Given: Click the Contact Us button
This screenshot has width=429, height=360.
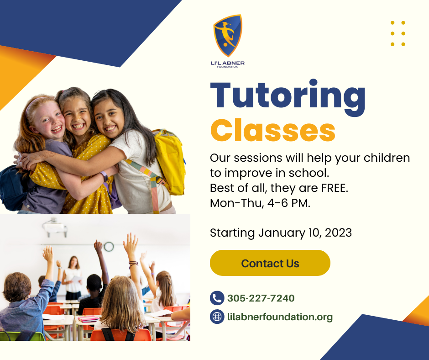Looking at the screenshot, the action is tap(270, 263).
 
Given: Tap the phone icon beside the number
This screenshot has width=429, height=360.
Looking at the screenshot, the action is tap(217, 298).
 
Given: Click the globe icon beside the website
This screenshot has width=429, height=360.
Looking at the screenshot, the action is tap(217, 317).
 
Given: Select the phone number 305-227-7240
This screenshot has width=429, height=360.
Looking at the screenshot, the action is tap(261, 298).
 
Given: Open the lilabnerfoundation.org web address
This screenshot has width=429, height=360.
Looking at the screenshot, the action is tap(280, 317).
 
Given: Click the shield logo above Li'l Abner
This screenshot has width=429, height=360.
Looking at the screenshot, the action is tap(228, 36).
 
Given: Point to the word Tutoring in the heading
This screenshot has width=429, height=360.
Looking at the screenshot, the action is tap(288, 97).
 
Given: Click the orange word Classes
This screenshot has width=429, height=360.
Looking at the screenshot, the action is tap(273, 130).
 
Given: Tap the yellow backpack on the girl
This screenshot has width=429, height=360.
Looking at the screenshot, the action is tap(168, 161).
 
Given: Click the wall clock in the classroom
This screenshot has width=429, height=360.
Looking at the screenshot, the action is tap(109, 247).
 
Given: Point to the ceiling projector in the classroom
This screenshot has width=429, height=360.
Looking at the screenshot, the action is tap(55, 228).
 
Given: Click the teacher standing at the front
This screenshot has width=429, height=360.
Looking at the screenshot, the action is tap(72, 277).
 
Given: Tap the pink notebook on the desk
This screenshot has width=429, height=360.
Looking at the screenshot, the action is tap(88, 318).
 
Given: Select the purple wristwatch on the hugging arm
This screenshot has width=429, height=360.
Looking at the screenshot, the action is tap(104, 176).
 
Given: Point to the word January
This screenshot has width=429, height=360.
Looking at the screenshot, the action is tap(282, 233).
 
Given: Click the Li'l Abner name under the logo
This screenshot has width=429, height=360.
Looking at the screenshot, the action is tap(228, 63).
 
